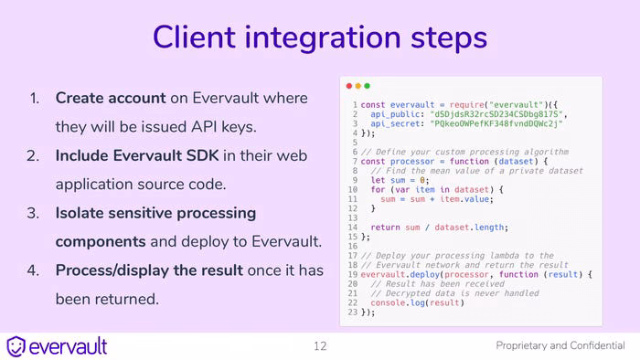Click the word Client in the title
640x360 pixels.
pyautogui.click(x=194, y=37)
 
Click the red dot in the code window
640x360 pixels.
pyautogui.click(x=349, y=86)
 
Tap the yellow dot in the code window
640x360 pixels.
pyautogui.click(x=358, y=86)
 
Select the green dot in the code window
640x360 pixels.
pyautogui.click(x=367, y=86)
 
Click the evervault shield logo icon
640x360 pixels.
pyautogui.click(x=16, y=346)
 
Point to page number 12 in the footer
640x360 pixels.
pyautogui.click(x=320, y=346)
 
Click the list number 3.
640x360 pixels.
pyautogui.click(x=33, y=213)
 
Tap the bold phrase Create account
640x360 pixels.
pyautogui.click(x=111, y=99)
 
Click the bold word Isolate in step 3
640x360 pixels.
pyautogui.click(x=80, y=213)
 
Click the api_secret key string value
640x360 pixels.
pyautogui.click(x=496, y=123)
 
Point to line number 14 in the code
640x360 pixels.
pyautogui.click(x=353, y=228)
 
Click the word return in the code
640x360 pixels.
pyautogui.click(x=385, y=228)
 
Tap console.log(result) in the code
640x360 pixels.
pyautogui.click(x=418, y=303)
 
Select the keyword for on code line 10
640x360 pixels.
pyautogui.click(x=378, y=189)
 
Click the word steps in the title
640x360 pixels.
pyautogui.click(x=449, y=38)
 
